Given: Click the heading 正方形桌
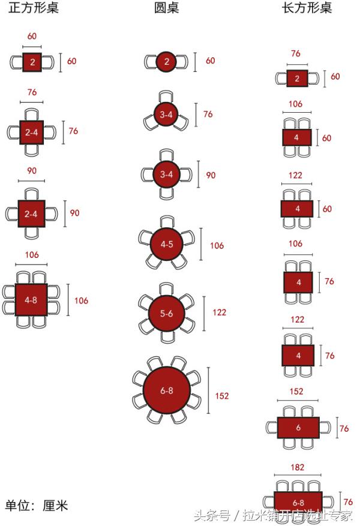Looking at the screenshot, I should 34,9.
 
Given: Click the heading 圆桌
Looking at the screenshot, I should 166,9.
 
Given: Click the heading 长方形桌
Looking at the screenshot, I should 306,9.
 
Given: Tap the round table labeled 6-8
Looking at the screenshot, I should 167,390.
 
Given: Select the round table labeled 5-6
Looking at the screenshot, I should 167,314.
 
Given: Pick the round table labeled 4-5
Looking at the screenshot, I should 167,244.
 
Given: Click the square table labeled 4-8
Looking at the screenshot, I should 31,298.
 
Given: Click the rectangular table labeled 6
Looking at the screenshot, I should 298,428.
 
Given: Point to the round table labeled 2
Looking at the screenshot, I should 167,61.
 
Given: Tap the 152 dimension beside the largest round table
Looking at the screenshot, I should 222,396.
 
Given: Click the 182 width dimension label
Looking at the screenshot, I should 297,467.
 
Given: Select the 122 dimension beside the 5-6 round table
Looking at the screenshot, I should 220,312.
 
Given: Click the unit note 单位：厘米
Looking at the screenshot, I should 37,506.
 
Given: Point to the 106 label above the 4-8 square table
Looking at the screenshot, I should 32,255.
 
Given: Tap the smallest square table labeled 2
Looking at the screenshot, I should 32,62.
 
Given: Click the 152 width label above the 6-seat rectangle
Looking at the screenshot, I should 296,392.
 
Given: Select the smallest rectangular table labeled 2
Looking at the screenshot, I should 296,79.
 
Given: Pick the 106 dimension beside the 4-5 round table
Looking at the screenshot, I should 217,246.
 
